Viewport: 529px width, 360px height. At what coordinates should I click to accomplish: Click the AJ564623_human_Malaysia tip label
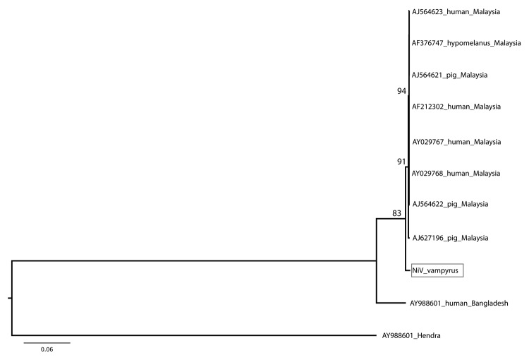click(x=456, y=12)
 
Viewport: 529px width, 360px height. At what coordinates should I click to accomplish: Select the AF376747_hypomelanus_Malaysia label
click(x=466, y=43)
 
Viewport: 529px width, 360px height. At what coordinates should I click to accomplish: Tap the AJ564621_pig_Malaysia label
click(x=449, y=75)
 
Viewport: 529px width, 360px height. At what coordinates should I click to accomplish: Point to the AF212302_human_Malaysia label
click(x=456, y=107)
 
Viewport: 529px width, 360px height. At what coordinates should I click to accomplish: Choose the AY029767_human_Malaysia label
click(x=456, y=142)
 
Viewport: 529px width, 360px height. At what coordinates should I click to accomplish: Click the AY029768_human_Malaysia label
click(x=456, y=174)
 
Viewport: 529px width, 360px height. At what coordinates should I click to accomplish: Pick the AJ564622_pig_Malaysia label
click(x=450, y=204)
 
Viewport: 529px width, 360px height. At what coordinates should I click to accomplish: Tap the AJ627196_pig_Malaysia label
click(x=450, y=238)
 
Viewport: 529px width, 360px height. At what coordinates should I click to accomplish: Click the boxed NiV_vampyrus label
click(x=437, y=270)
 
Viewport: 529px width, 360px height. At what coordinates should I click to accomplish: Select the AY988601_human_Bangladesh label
click(x=459, y=304)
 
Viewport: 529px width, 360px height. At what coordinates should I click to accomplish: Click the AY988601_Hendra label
click(x=411, y=336)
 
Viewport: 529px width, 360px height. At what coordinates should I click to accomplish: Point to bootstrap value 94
click(x=401, y=91)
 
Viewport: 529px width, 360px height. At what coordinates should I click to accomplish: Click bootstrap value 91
click(x=401, y=162)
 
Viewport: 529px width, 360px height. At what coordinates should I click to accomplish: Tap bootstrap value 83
click(x=396, y=213)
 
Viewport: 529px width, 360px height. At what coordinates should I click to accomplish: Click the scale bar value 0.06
click(x=47, y=349)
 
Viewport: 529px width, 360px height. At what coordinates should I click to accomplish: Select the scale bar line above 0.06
click(x=47, y=343)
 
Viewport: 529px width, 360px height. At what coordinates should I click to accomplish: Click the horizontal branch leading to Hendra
click(x=194, y=335)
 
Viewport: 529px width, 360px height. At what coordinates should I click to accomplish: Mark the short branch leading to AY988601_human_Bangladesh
click(x=392, y=303)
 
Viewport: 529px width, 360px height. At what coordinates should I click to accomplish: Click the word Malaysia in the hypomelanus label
click(x=507, y=43)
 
